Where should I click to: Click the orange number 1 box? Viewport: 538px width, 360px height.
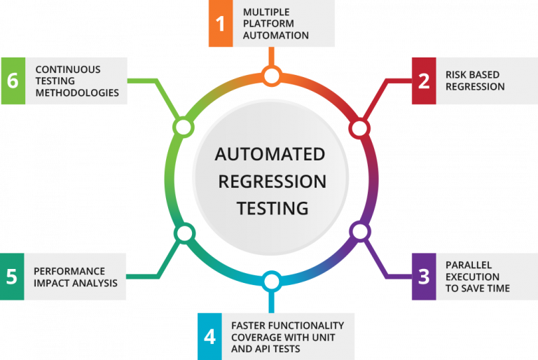coord(221,24)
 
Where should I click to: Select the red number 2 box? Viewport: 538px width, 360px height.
coord(423,81)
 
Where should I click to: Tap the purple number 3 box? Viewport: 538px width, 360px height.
coord(423,276)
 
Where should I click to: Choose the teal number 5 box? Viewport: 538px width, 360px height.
coord(12,276)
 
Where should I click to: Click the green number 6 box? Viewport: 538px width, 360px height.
coord(13,81)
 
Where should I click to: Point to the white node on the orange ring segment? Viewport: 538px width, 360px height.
coord(272,75)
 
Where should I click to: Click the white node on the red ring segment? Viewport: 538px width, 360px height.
coord(359,128)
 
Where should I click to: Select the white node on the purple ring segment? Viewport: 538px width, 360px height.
coord(359,230)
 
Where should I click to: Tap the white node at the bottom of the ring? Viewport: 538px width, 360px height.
coord(272,282)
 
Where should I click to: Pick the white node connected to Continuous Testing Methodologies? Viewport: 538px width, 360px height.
coord(183,127)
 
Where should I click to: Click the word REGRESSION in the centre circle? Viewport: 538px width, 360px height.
coord(272,181)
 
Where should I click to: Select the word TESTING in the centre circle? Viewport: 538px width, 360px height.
coord(272,208)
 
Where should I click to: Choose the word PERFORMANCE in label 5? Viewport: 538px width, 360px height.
coord(69,271)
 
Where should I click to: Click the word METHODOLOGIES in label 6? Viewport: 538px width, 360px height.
coord(77,92)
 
